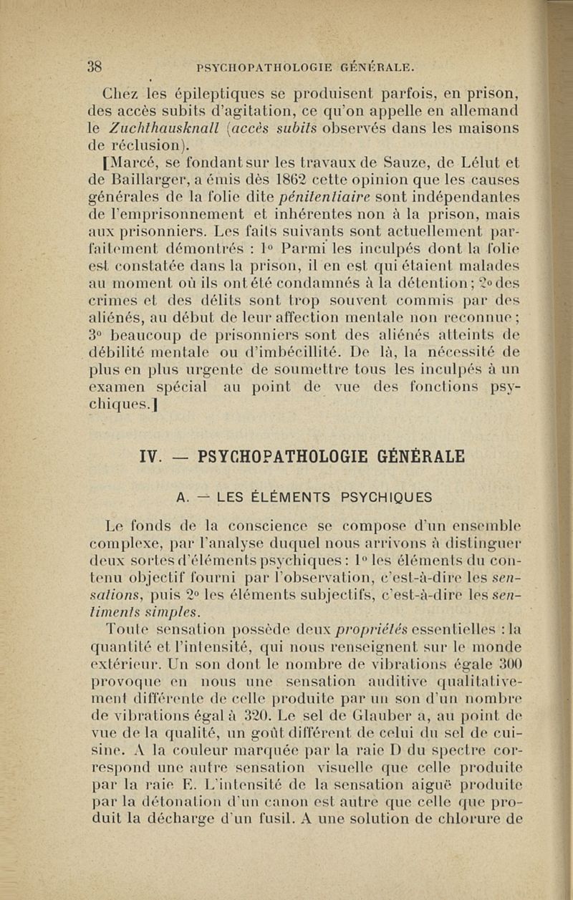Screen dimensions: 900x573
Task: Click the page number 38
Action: coord(95,67)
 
